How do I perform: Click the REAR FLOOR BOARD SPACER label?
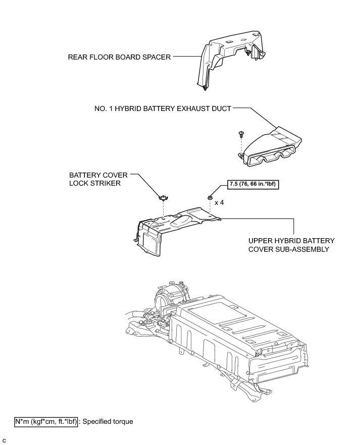pyautogui.click(x=119, y=57)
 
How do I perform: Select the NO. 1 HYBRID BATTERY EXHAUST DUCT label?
pyautogui.click(x=163, y=108)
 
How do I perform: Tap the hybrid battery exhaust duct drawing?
pyautogui.click(x=273, y=146)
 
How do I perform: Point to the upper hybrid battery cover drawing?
pyautogui.click(x=177, y=227)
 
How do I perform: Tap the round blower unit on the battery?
pyautogui.click(x=171, y=298)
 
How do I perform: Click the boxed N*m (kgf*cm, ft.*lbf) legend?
pyautogui.click(x=46, y=421)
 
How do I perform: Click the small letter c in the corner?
pyautogui.click(x=4, y=440)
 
